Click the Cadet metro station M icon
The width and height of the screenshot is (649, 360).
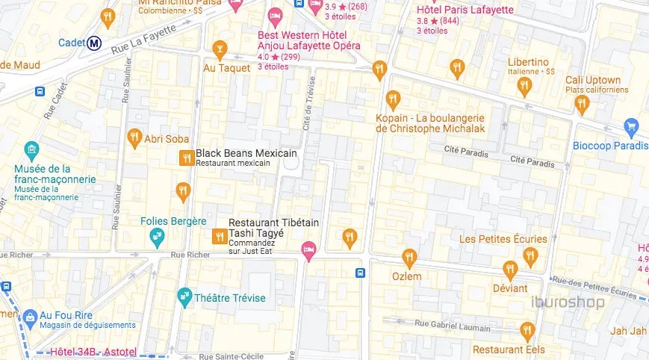coord(94,43)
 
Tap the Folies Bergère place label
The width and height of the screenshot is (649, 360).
coord(173,221)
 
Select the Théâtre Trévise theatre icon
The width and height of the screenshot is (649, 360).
coord(184,298)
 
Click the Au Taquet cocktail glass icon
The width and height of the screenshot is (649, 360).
coord(220,50)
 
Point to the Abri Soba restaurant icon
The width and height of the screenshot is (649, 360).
coord(134,137)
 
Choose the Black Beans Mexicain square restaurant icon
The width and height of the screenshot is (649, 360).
coord(186,157)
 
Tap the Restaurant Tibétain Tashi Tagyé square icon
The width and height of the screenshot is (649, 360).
coord(219,237)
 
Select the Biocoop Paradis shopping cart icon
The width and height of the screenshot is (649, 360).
coord(632,127)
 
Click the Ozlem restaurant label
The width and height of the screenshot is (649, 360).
coord(407,276)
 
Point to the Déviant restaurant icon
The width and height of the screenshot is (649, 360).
coord(510,270)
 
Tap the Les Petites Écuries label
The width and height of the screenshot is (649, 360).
coord(503,239)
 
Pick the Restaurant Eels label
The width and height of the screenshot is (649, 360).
coord(509,350)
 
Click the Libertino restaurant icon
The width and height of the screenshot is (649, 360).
coord(524,87)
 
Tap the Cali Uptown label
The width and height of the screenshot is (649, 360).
coord(593,80)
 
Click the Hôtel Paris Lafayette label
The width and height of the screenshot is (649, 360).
coord(465,10)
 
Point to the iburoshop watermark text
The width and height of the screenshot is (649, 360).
coord(568,302)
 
